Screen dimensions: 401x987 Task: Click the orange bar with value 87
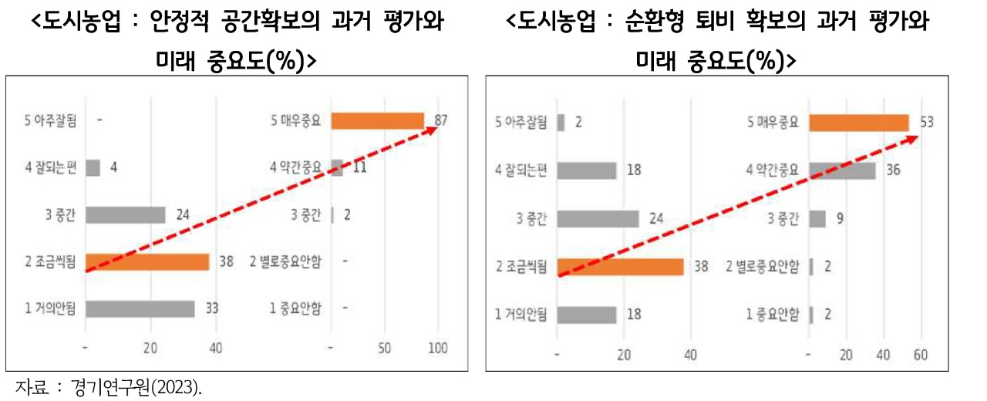(377, 120)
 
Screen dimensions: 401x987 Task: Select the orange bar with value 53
(858, 123)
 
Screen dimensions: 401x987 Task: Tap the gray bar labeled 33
(140, 308)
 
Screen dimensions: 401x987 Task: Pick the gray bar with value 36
(841, 170)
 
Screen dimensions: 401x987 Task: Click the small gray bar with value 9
(817, 219)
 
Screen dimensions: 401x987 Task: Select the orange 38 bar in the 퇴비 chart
(620, 267)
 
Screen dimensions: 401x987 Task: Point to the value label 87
(441, 120)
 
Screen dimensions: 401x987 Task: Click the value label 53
(927, 123)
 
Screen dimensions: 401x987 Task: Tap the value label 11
(359, 167)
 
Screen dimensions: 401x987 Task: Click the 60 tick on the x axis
(920, 356)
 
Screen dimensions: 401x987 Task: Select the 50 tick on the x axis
(385, 349)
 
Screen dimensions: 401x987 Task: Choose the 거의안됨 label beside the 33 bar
(50, 308)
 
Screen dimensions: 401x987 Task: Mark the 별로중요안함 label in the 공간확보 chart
(285, 261)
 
